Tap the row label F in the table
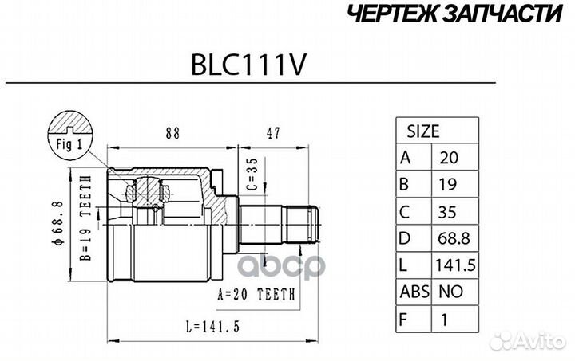[x=406, y=322]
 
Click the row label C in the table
[x=406, y=212]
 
